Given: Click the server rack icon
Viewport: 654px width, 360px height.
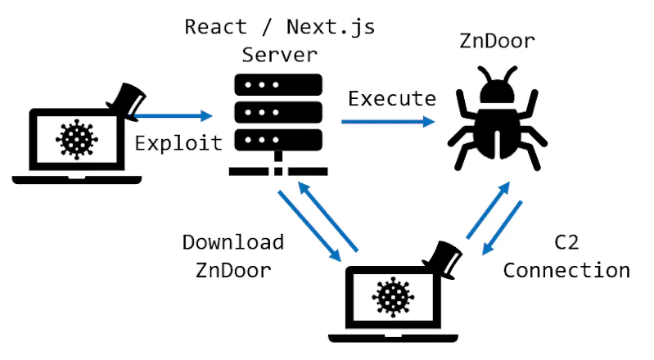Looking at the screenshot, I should pos(278,123).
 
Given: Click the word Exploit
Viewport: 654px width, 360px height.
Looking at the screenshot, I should pos(178,142).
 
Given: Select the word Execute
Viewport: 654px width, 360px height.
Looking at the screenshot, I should pos(392,99).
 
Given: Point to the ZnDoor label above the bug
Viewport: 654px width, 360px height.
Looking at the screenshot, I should pos(498,41).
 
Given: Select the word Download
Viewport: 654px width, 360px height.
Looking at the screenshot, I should pos(232,242).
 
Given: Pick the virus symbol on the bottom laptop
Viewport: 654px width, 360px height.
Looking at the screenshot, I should pos(393,296).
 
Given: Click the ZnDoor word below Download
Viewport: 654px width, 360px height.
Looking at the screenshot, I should pos(232,270).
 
